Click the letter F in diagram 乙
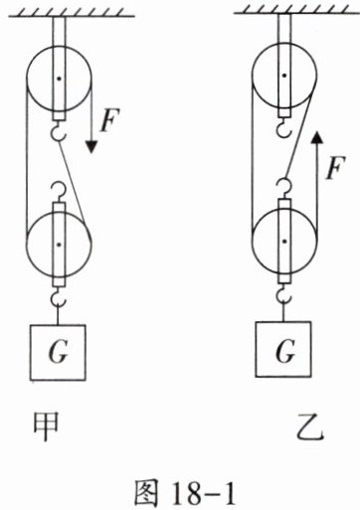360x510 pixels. click(335, 167)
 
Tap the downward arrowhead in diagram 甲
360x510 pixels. click(90, 147)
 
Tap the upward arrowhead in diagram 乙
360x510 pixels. click(317, 137)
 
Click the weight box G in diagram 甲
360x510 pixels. click(58, 352)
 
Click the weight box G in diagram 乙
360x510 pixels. click(283, 349)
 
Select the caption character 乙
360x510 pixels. click(309, 428)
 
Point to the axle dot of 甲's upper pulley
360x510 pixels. click(59, 79)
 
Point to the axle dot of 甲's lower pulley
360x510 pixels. click(59, 245)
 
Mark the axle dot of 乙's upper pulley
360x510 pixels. click(284, 76)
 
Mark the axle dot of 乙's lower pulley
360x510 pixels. click(284, 242)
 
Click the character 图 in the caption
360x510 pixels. click(146, 492)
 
